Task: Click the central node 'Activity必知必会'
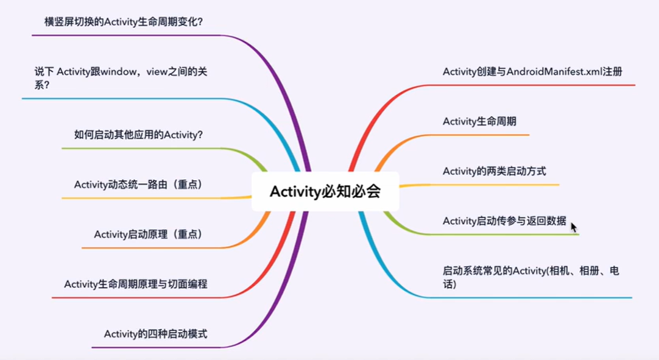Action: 325,191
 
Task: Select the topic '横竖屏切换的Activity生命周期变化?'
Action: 124,22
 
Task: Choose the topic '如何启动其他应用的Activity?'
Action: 138,135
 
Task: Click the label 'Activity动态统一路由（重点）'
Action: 138,185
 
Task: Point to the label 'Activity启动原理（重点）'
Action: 148,234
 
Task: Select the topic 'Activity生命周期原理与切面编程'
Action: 136,284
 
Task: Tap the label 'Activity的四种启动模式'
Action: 155,334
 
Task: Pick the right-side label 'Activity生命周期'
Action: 479,121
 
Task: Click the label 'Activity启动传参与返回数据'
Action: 504,221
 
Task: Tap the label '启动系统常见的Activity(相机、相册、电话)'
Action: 530,277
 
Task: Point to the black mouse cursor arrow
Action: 573,227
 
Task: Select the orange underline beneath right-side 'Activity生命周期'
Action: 475,135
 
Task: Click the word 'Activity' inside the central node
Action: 295,191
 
